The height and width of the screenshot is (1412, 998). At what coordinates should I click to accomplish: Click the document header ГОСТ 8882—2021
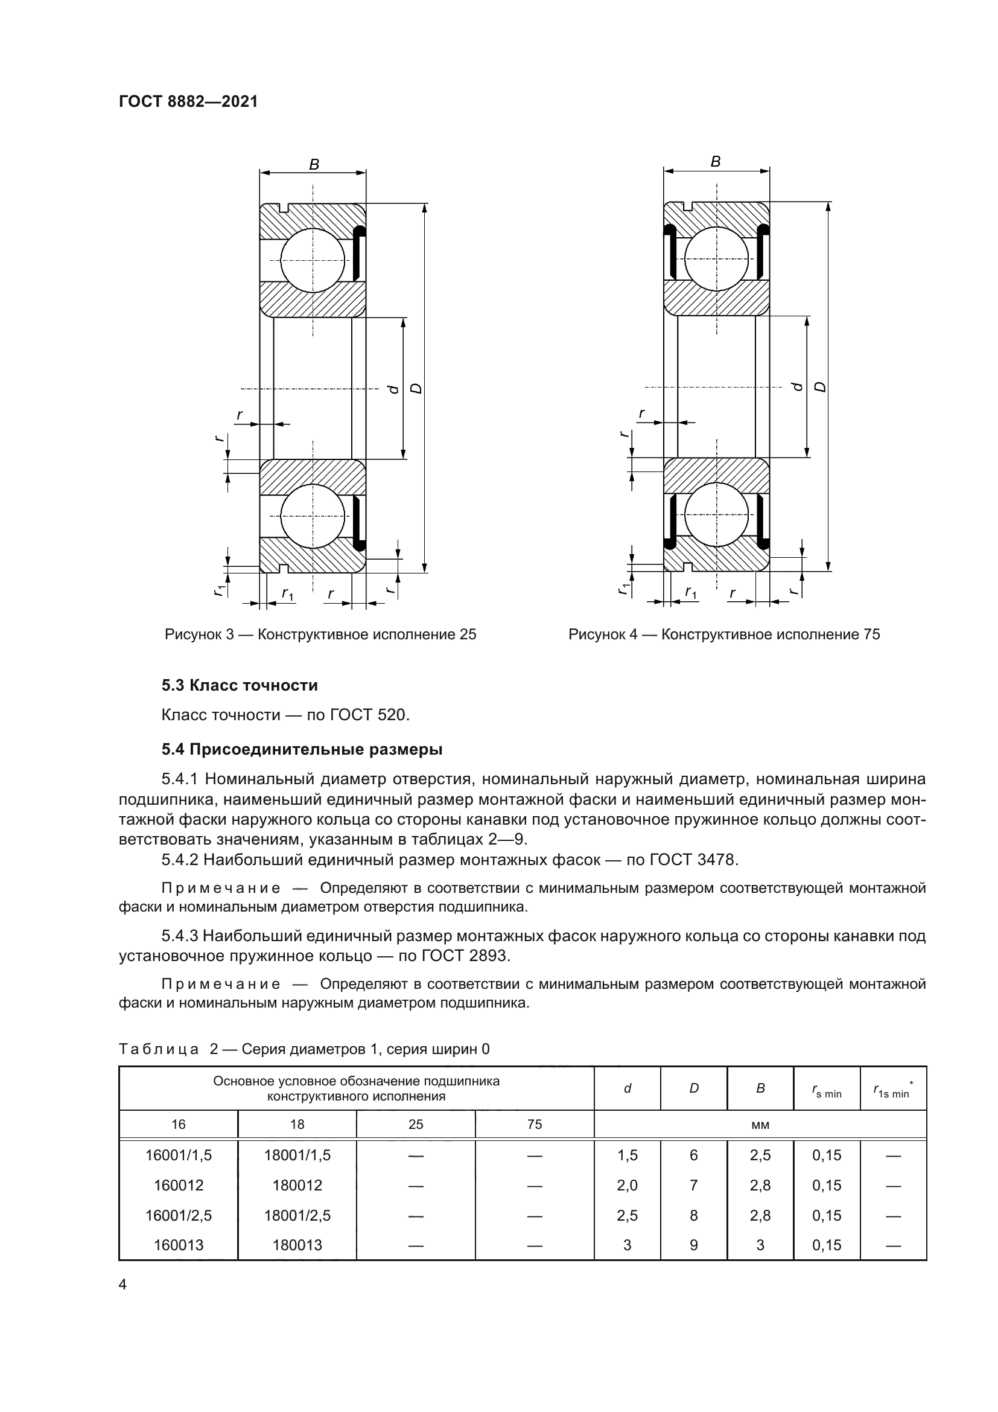point(188,101)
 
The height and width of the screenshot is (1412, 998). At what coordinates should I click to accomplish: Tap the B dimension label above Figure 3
point(314,164)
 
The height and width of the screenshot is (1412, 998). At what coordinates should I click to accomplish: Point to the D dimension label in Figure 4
point(821,387)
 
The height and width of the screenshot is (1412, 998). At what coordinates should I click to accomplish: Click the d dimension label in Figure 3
point(394,389)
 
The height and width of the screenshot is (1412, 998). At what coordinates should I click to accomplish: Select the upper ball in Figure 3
point(313,260)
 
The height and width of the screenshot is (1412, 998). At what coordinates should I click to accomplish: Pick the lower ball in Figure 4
point(717,514)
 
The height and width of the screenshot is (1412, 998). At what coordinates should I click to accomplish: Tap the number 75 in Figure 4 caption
point(871,634)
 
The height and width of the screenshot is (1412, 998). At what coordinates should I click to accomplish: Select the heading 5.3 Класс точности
point(240,685)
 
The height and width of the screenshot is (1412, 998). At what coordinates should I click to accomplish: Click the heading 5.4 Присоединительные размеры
point(302,750)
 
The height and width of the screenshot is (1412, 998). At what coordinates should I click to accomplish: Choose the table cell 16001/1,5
point(178,1155)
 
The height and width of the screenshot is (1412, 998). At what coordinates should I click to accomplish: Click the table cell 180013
point(297,1245)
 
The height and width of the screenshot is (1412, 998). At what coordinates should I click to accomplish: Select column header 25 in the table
point(416,1124)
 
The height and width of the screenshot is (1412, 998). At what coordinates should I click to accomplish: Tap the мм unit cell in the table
point(760,1125)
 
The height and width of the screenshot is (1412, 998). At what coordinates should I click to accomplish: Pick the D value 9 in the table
point(694,1245)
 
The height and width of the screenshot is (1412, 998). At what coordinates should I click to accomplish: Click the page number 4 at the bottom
point(123,1284)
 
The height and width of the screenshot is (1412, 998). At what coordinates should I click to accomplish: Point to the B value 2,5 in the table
point(760,1155)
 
